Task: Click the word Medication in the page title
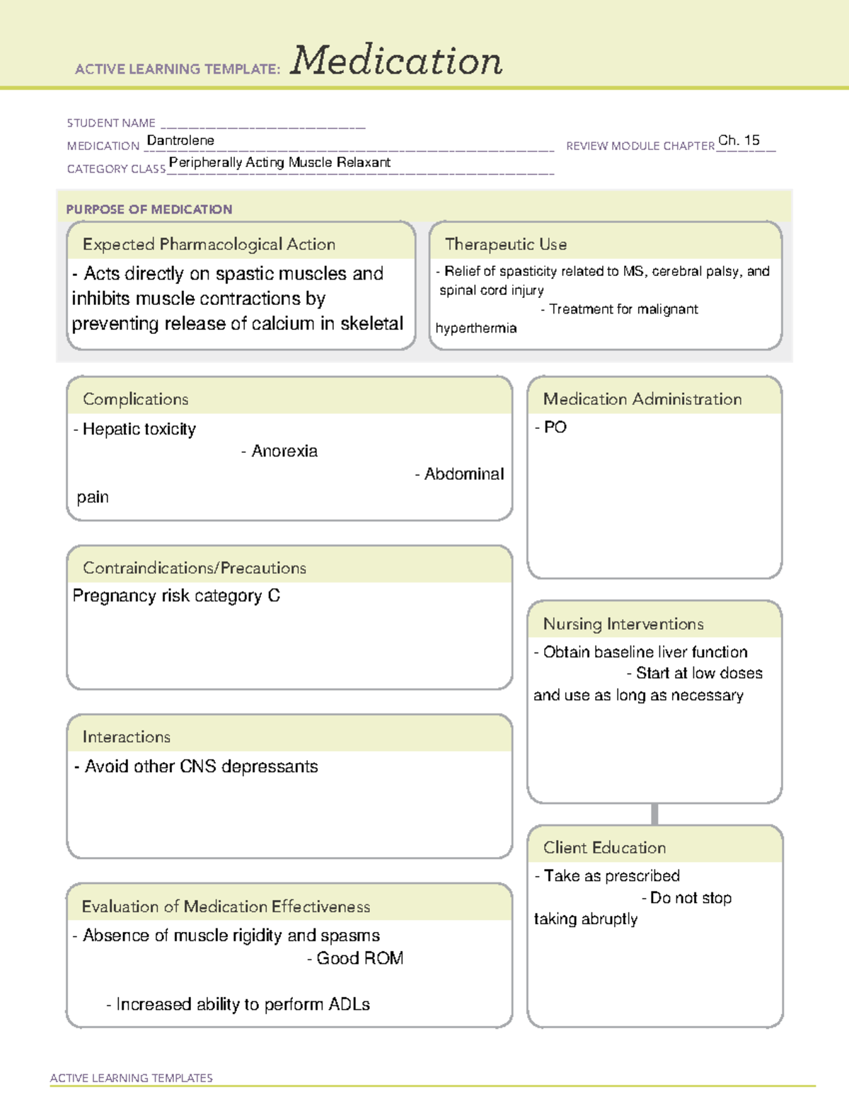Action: (396, 61)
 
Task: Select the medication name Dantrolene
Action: (180, 140)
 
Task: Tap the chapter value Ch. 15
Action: (739, 140)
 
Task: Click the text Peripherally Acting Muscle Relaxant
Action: (279, 162)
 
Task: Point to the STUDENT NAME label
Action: (111, 123)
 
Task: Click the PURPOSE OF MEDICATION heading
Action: (149, 209)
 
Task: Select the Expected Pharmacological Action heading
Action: (209, 244)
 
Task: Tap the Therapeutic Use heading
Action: (506, 244)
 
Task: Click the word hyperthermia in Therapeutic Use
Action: (476, 328)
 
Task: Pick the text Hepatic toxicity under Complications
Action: (139, 429)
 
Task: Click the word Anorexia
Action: (284, 451)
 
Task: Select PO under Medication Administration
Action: (555, 427)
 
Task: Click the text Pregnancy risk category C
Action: (176, 596)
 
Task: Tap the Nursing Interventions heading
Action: (623, 624)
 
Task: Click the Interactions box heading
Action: (127, 737)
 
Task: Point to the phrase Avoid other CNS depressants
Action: (201, 766)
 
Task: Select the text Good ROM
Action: (359, 958)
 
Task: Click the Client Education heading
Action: (604, 848)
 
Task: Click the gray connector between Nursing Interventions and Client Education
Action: (654, 814)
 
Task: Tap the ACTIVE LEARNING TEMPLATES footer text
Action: (132, 1078)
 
